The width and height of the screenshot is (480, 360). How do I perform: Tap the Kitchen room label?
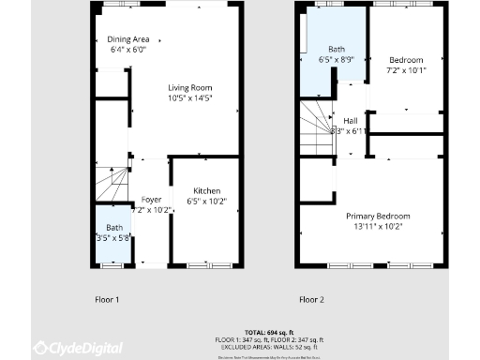tap(206, 190)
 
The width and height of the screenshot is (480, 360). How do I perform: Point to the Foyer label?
tap(151, 200)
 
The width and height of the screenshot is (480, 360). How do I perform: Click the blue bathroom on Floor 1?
tap(114, 234)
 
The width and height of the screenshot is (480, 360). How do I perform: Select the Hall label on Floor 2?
tap(351, 121)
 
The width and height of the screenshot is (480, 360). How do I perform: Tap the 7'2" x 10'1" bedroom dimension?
tap(406, 69)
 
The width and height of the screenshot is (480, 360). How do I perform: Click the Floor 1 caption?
tap(107, 300)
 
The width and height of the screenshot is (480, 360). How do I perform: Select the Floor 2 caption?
tap(311, 300)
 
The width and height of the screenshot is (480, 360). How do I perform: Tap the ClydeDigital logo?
tap(79, 348)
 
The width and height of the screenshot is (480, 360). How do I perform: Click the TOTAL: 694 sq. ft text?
tap(268, 333)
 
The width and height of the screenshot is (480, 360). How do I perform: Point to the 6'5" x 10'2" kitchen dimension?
tap(206, 201)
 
